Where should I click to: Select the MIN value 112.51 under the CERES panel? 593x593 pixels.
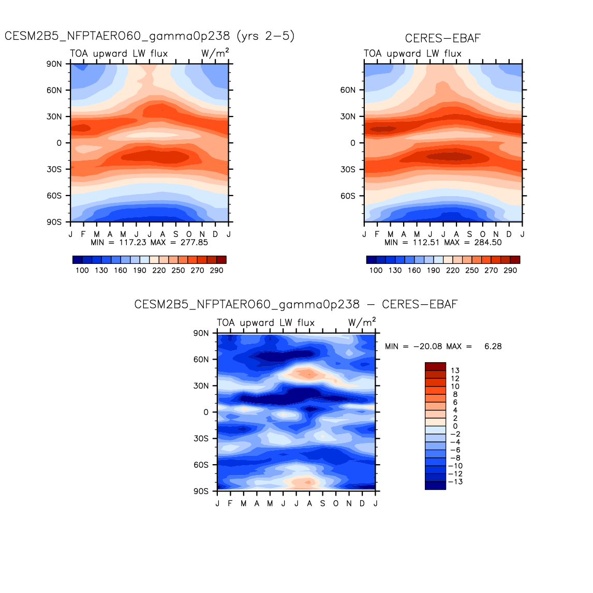click(x=426, y=242)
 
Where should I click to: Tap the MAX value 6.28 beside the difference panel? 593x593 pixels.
click(x=493, y=346)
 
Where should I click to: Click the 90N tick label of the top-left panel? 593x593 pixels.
click(x=54, y=64)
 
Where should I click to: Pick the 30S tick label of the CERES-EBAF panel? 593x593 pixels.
click(x=348, y=169)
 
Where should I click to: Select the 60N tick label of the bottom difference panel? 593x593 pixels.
click(x=201, y=359)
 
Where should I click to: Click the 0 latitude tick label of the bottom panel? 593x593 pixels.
click(x=206, y=412)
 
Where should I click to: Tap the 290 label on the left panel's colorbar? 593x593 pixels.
click(x=216, y=270)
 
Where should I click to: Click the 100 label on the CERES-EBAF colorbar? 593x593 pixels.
click(x=376, y=270)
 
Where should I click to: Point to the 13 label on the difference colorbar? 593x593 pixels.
click(x=455, y=370)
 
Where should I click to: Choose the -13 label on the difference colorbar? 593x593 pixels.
click(x=455, y=482)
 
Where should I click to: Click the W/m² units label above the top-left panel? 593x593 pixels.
click(x=215, y=53)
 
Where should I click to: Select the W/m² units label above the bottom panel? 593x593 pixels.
click(x=362, y=322)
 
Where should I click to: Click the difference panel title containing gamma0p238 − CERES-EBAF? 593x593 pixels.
click(x=296, y=304)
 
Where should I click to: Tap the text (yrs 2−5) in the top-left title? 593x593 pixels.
click(x=265, y=36)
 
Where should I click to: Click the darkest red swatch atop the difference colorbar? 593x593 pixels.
click(x=435, y=366)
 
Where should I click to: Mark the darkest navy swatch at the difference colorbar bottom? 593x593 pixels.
click(x=435, y=485)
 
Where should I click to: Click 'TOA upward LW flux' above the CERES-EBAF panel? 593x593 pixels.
click(x=412, y=53)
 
